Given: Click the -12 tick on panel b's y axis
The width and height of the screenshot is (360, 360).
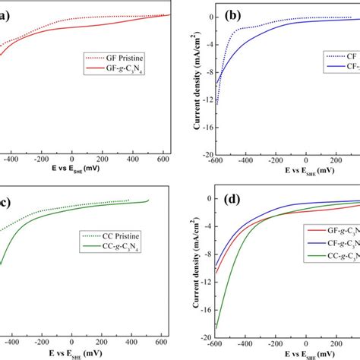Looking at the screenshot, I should click(x=204, y=100).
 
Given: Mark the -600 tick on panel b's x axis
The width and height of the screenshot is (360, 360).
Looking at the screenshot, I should click(x=216, y=160).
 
